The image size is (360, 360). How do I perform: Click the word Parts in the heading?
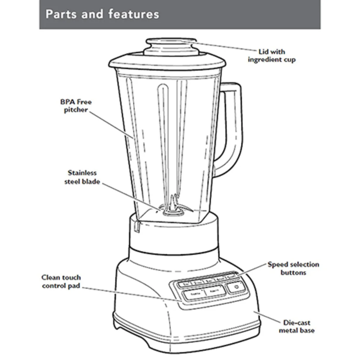(x=59, y=14)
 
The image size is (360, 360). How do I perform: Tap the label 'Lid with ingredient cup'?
(x=272, y=56)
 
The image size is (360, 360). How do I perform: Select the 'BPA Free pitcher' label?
(x=76, y=106)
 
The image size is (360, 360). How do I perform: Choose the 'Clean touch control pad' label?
(x=61, y=282)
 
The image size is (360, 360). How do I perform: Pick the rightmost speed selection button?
(x=231, y=277)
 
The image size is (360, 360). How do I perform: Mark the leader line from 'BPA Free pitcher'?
(x=112, y=124)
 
